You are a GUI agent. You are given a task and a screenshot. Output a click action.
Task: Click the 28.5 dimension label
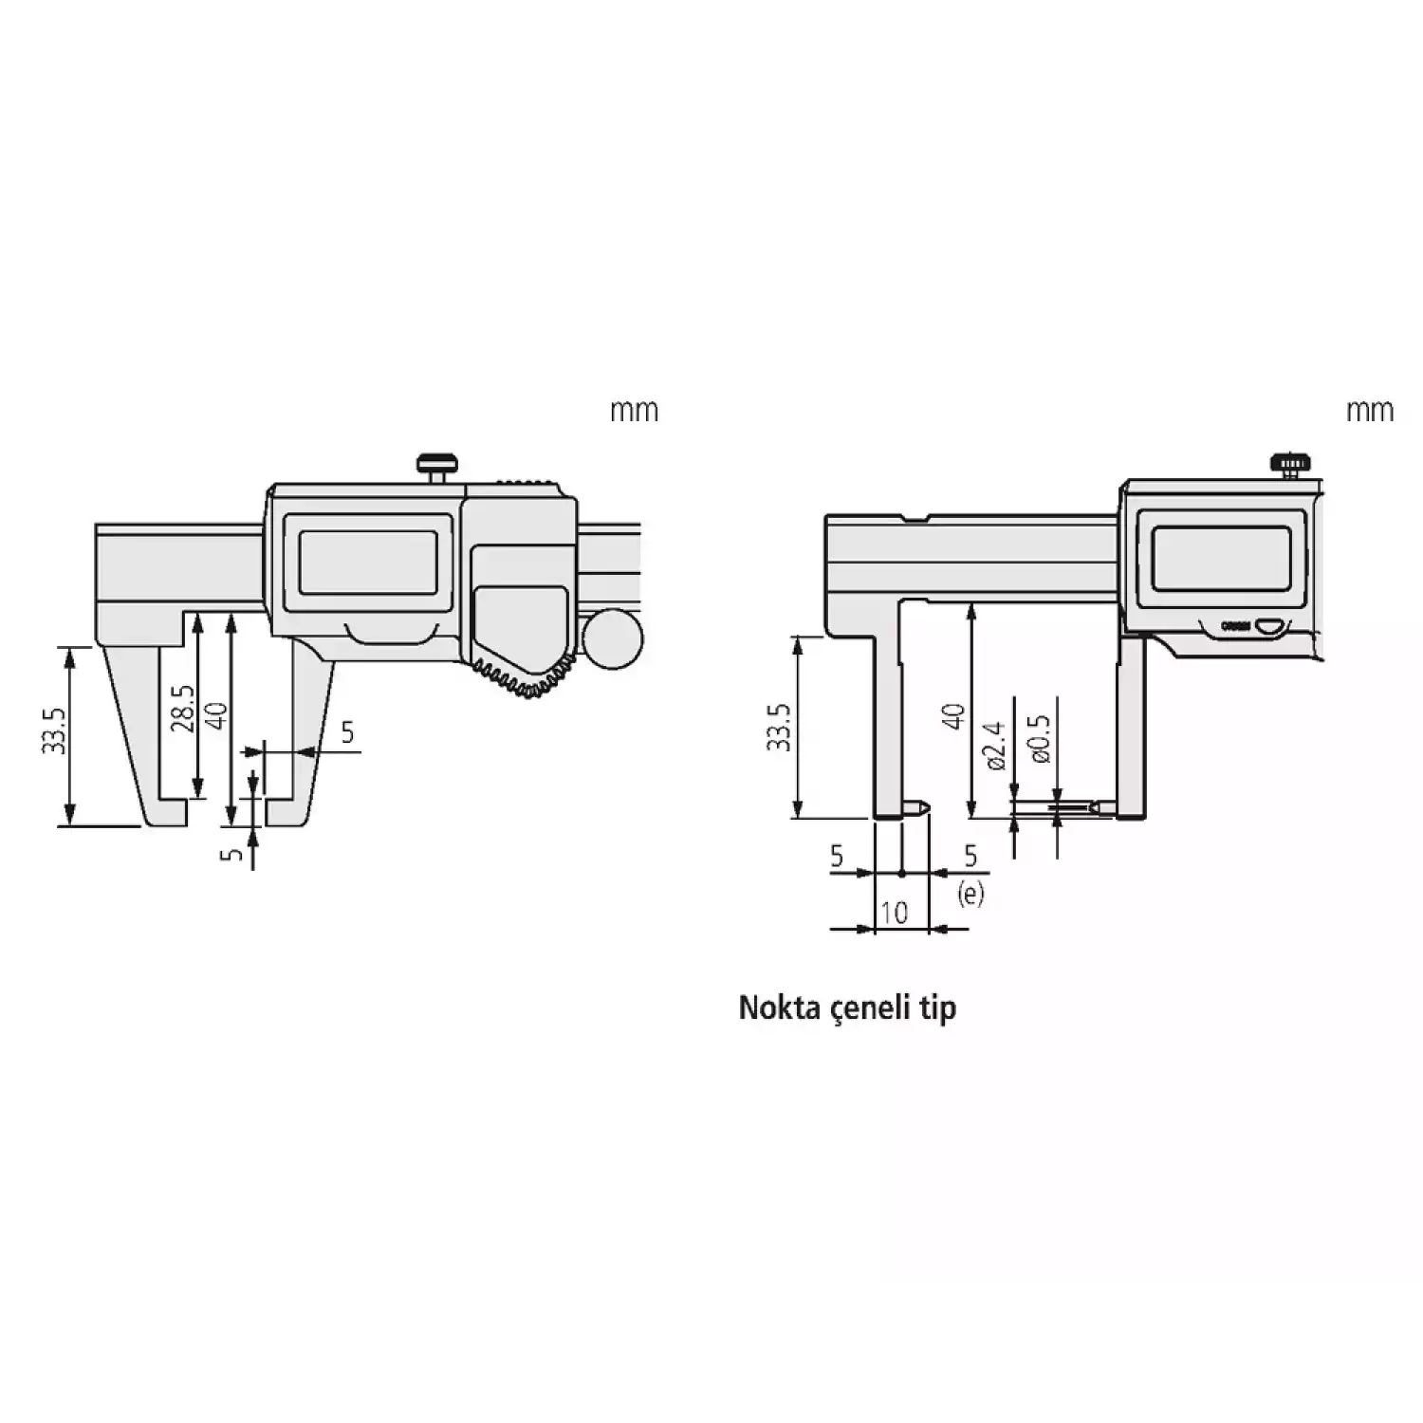click(x=184, y=709)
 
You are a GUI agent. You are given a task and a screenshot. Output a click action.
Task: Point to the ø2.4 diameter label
click(x=995, y=746)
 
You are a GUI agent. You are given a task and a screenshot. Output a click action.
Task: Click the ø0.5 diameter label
click(x=1041, y=739)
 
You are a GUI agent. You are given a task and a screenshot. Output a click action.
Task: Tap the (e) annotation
click(x=971, y=893)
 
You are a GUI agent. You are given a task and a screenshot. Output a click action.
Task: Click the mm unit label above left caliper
click(x=634, y=411)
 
